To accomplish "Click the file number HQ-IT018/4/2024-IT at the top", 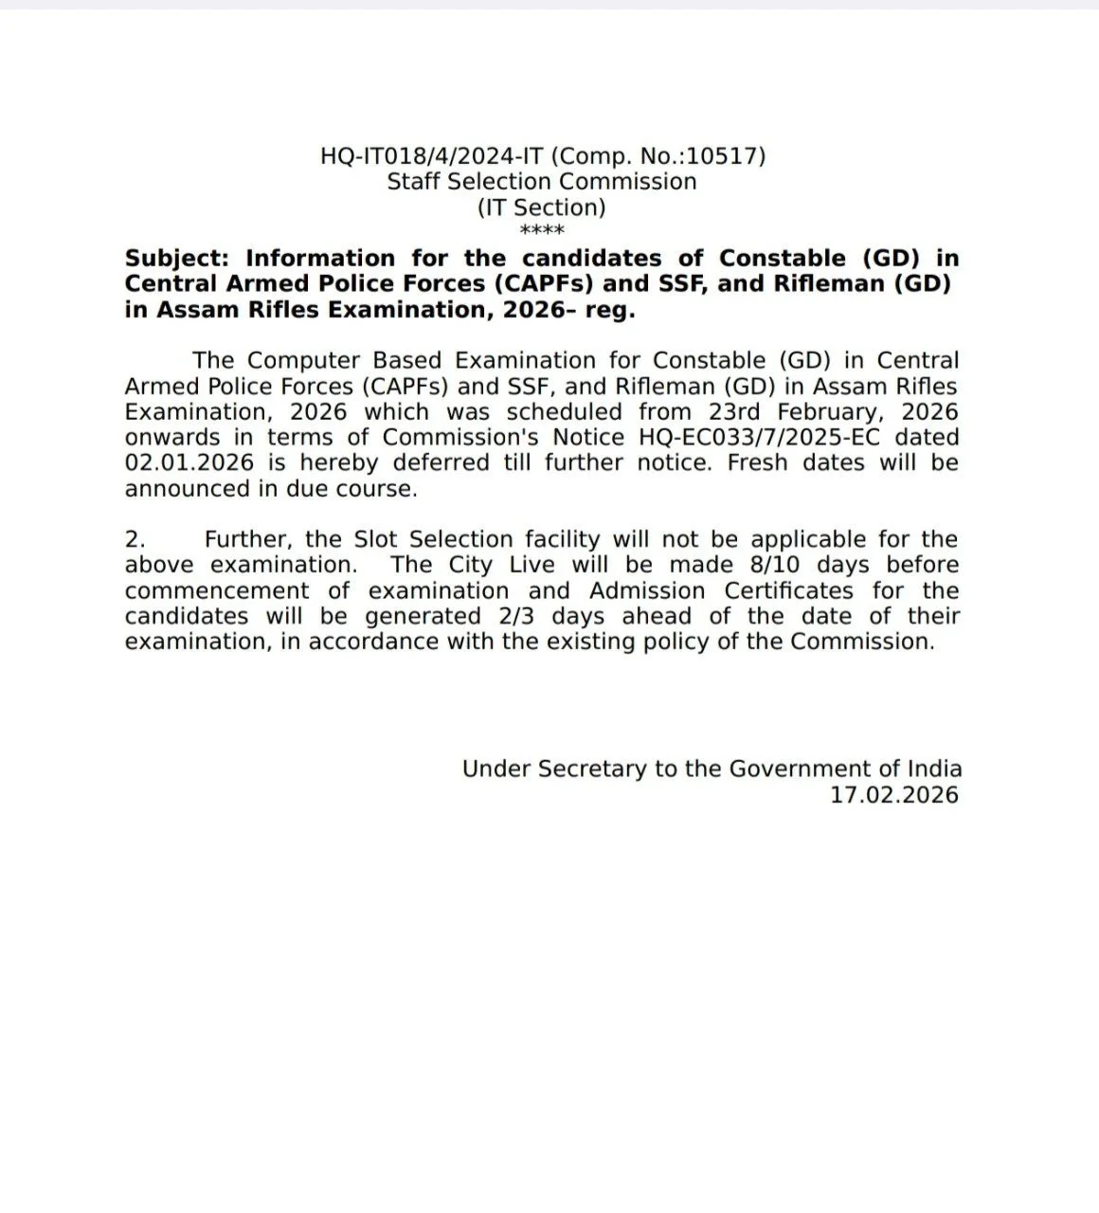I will pyautogui.click(x=432, y=155).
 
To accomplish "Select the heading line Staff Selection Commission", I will pyautogui.click(x=542, y=181).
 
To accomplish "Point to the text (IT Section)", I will pyautogui.click(x=541, y=207).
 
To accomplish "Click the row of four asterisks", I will pyautogui.click(x=542, y=231).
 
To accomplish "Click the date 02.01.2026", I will pyautogui.click(x=189, y=463).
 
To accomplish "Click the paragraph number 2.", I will pyautogui.click(x=135, y=539).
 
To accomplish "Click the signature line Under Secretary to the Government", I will pyautogui.click(x=712, y=769).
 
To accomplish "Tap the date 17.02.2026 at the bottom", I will pyautogui.click(x=894, y=794).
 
